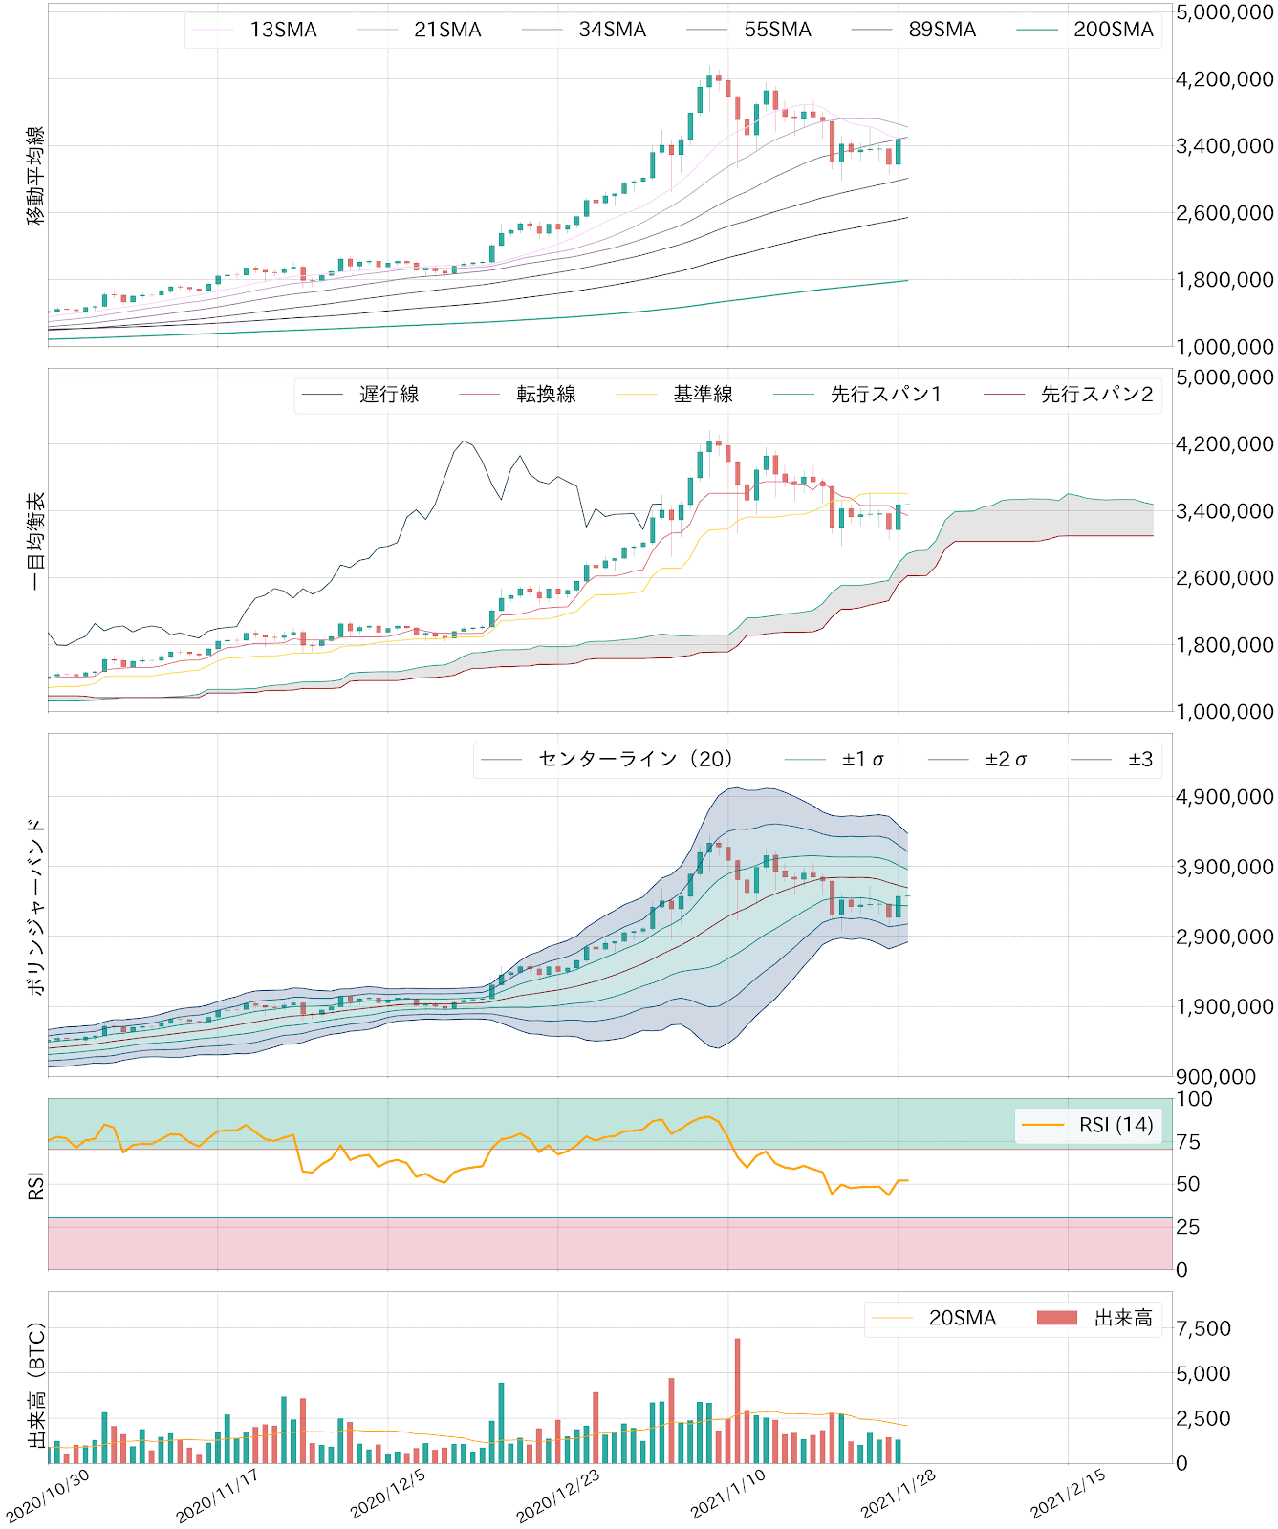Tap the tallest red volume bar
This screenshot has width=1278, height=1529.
(738, 1400)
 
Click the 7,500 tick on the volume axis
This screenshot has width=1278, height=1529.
(1202, 1328)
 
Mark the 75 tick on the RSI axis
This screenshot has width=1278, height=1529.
(1188, 1142)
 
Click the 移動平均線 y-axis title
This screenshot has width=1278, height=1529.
(35, 176)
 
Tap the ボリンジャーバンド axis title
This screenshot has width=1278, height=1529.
(35, 906)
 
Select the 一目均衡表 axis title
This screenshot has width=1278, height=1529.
(35, 541)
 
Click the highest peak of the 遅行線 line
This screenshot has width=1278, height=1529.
(464, 441)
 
